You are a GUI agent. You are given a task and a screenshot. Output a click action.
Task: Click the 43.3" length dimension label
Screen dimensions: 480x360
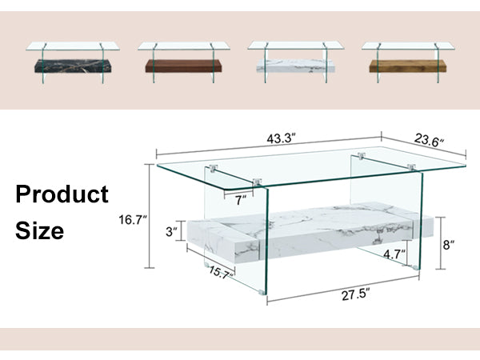(x=281, y=138)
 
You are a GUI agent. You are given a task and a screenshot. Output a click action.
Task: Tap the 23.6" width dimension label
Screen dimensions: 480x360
(x=429, y=141)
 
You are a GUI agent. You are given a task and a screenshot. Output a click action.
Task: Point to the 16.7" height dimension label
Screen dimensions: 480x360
(x=133, y=220)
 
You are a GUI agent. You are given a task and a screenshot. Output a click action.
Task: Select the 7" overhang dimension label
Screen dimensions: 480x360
(x=240, y=200)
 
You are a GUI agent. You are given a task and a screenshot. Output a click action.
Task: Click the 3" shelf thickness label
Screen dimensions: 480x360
(x=171, y=232)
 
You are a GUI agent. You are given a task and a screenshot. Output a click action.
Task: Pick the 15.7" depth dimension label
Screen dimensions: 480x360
(x=221, y=272)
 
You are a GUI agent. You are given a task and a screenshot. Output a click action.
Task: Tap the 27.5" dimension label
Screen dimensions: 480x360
(x=356, y=295)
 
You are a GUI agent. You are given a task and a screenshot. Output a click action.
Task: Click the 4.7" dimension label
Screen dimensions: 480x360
(x=394, y=254)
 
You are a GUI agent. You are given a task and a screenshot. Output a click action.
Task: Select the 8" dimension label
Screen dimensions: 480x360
(x=449, y=245)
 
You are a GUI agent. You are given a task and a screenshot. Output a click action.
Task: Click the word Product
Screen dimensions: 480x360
(x=62, y=194)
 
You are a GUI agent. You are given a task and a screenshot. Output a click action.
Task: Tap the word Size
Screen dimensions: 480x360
(x=40, y=230)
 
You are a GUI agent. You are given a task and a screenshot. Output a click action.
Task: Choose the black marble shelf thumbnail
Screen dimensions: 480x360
(x=73, y=66)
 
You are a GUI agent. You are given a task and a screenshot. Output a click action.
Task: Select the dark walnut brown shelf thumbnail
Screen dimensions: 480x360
(x=183, y=66)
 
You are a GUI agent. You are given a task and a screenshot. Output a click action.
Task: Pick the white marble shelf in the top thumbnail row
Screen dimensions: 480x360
(x=295, y=66)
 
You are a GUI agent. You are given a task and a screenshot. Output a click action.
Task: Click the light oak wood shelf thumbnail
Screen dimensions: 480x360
(x=407, y=66)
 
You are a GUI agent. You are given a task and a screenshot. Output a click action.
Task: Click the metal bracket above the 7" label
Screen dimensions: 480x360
(x=257, y=182)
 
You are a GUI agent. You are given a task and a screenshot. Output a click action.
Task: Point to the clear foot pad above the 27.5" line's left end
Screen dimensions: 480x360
(x=262, y=292)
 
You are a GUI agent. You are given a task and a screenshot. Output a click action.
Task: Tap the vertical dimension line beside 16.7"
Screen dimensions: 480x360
(x=149, y=216)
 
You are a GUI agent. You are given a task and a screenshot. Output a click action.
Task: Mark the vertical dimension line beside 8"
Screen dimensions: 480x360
(x=441, y=243)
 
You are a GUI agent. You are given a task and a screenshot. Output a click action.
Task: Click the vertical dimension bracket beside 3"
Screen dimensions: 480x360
(x=182, y=230)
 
